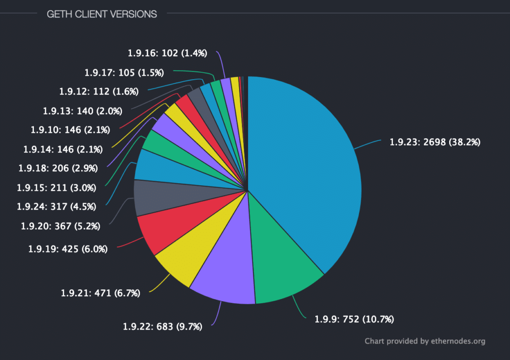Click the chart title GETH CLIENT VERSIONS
coord(102,14)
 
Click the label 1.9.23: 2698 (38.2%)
coord(435,142)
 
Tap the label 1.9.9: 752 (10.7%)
coord(358,319)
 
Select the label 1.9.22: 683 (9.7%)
coord(162,327)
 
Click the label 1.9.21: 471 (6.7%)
coord(100,293)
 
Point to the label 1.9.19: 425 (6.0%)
coord(68,249)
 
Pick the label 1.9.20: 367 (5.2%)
coord(61,226)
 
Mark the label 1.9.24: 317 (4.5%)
coord(56,206)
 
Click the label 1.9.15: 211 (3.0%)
coord(56,188)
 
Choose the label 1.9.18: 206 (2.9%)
coord(58,168)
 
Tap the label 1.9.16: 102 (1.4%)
coord(167,52)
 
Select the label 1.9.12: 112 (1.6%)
coord(99,91)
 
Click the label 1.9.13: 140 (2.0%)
coord(82,111)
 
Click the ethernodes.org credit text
coord(425,341)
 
